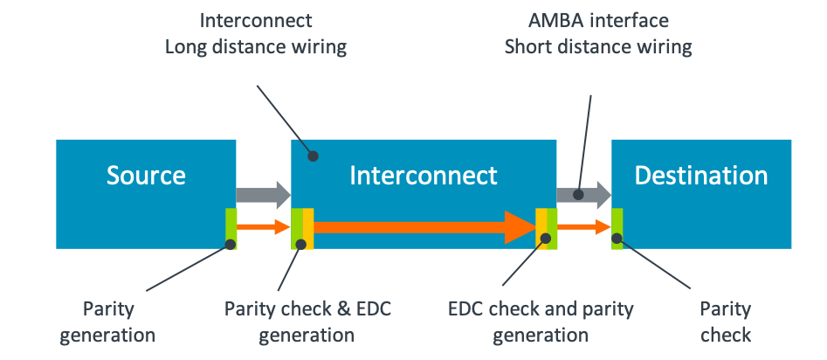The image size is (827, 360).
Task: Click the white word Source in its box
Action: pyautogui.click(x=146, y=176)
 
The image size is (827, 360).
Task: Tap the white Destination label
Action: pyautogui.click(x=701, y=176)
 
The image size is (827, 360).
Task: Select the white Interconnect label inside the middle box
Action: pyautogui.click(x=424, y=176)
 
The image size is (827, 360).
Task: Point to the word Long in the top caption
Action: pyautogui.click(x=187, y=46)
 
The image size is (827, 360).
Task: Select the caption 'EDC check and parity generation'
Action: pyautogui.click(x=541, y=322)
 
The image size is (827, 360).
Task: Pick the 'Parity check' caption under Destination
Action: pyautogui.click(x=725, y=322)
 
